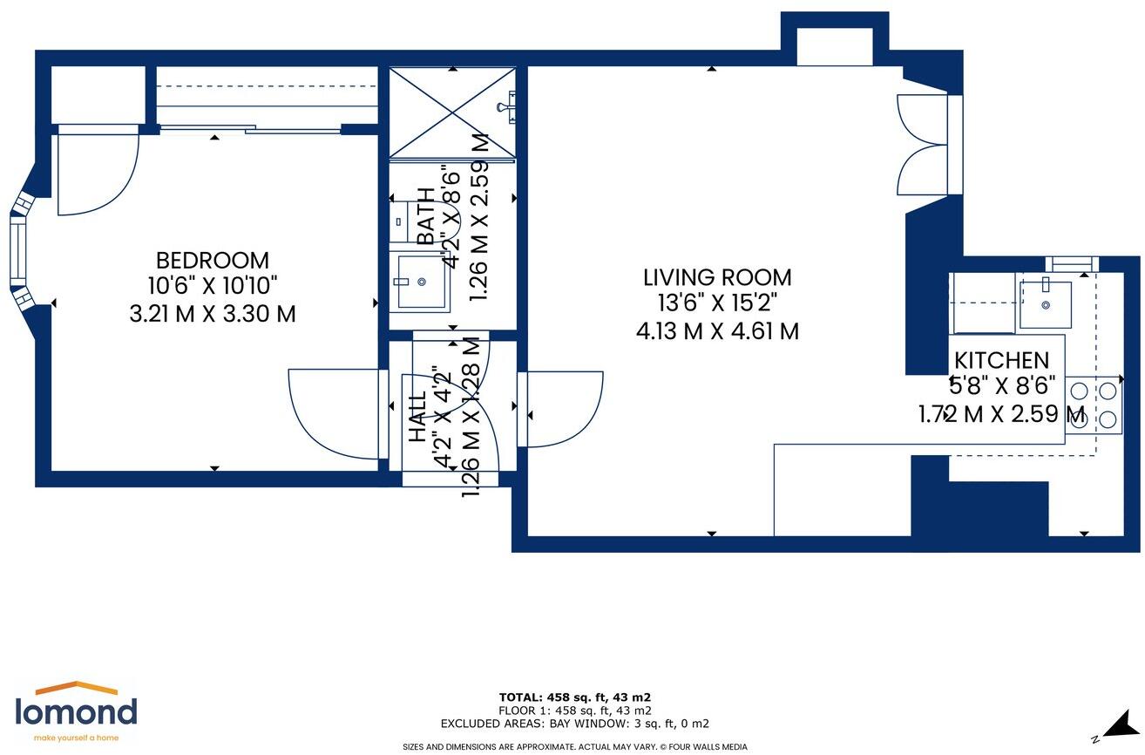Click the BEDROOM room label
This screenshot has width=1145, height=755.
(212, 261)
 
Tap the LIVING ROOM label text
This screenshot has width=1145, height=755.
(717, 278)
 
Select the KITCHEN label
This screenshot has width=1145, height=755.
(1001, 361)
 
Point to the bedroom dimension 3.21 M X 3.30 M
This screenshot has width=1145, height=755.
(212, 314)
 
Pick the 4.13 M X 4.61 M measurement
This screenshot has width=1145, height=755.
(717, 331)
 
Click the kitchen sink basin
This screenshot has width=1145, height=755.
(1046, 304)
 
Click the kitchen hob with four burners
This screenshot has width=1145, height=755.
(1094, 405)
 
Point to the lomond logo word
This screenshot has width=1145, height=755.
(76, 712)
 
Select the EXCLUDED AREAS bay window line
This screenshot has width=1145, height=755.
(574, 724)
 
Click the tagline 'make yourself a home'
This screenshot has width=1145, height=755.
(76, 738)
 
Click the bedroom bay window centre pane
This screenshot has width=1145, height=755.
(17, 251)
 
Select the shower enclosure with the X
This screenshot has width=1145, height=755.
(452, 112)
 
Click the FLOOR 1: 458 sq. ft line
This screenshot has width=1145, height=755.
(574, 710)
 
